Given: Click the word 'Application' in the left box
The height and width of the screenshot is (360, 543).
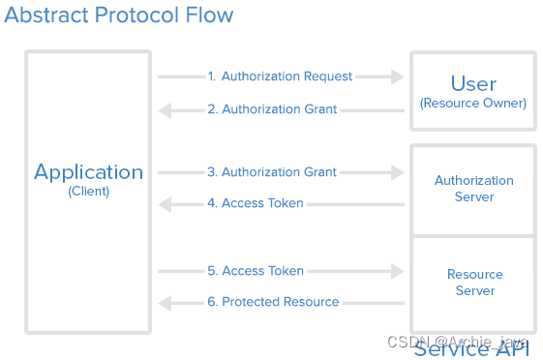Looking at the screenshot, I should (x=88, y=172).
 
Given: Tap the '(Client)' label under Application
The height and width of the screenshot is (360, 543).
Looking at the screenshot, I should (x=88, y=192).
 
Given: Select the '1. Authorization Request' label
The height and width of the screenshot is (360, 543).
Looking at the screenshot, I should (x=280, y=76).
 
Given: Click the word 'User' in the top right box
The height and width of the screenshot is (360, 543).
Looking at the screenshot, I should (x=473, y=84).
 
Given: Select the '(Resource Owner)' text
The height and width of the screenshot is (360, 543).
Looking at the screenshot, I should (x=473, y=103).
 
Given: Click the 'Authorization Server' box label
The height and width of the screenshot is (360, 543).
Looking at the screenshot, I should (x=473, y=189).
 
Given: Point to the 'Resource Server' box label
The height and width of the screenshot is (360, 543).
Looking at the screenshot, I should (x=474, y=283).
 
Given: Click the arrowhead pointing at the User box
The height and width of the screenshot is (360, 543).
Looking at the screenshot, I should (x=397, y=76).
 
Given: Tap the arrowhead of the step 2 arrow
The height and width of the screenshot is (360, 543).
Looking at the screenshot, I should (x=166, y=109).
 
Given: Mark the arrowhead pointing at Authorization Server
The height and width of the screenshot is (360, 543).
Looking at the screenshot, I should (x=397, y=172).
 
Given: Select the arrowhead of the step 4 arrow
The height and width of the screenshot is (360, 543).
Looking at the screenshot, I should (x=166, y=203).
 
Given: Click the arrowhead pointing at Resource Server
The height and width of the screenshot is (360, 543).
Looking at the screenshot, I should (x=397, y=271).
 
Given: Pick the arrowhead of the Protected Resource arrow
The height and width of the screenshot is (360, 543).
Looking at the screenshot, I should (x=166, y=302).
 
